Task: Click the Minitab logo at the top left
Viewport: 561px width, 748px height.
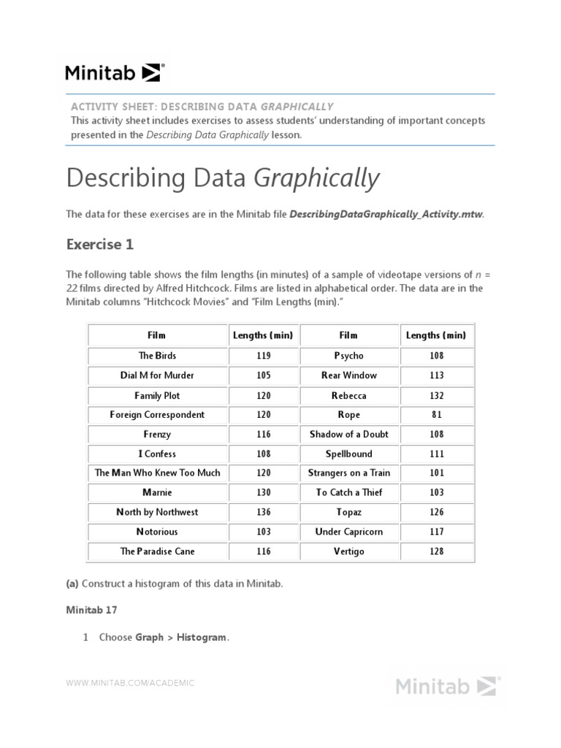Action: click(x=115, y=72)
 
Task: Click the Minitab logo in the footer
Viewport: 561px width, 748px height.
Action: click(x=446, y=686)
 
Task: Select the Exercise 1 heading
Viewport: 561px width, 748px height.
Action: click(x=100, y=245)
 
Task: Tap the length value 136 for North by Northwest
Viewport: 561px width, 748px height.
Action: click(x=264, y=512)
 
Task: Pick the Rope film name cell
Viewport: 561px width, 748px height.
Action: click(x=348, y=415)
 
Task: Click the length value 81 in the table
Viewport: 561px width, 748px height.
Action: click(x=436, y=415)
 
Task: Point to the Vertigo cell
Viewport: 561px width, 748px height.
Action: click(x=348, y=552)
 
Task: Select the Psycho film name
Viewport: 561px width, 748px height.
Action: click(x=348, y=356)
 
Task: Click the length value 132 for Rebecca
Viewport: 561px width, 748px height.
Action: click(x=436, y=395)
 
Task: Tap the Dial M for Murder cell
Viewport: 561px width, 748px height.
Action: click(x=157, y=375)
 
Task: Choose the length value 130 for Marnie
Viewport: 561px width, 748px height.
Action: click(x=264, y=492)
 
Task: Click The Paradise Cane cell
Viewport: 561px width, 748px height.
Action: click(x=157, y=552)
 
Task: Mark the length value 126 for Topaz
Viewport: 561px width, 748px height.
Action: click(x=436, y=512)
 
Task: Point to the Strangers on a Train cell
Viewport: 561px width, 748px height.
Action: click(x=348, y=473)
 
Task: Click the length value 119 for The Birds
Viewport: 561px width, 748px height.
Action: click(x=264, y=356)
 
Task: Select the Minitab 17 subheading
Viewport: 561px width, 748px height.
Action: click(x=91, y=610)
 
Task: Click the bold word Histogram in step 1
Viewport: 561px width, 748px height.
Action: click(x=202, y=638)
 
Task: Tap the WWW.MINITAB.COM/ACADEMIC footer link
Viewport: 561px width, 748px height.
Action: click(x=131, y=683)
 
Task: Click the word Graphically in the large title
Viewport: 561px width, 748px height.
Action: click(x=317, y=178)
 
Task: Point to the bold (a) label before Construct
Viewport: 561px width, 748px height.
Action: click(x=72, y=584)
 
